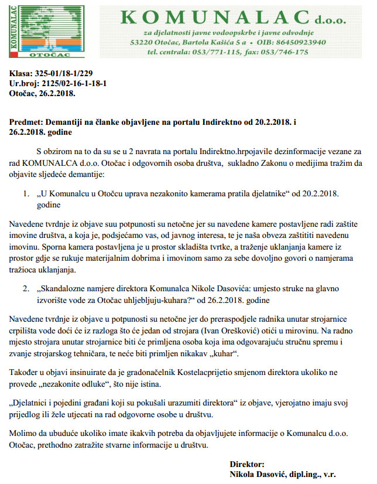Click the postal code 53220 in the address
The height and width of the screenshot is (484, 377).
(x=143, y=42)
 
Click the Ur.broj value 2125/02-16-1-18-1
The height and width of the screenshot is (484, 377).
(x=75, y=84)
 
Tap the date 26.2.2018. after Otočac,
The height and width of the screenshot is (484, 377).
(x=58, y=93)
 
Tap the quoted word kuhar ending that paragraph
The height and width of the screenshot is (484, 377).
(x=225, y=354)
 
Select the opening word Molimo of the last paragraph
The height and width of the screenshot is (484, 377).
(x=23, y=432)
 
